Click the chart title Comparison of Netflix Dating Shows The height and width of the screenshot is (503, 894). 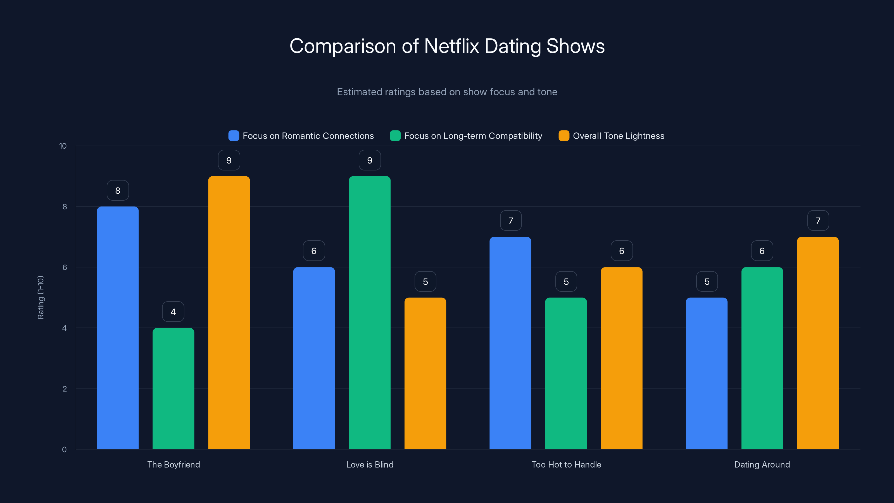(447, 46)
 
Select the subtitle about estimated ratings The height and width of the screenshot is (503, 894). (447, 92)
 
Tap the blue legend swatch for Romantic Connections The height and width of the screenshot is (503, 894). (234, 136)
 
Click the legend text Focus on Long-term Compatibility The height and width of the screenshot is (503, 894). (473, 136)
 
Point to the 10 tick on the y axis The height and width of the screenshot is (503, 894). (63, 146)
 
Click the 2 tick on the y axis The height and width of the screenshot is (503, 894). (65, 389)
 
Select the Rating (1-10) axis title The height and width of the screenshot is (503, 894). (41, 298)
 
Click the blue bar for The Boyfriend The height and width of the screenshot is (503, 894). (118, 328)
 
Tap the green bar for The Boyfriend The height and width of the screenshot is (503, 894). (173, 388)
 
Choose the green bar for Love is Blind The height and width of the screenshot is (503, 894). (370, 312)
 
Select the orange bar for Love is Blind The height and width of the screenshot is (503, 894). (425, 373)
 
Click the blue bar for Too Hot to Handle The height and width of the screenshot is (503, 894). (510, 343)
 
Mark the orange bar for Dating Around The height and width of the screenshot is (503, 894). (818, 343)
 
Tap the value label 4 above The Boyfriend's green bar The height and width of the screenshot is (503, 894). (173, 312)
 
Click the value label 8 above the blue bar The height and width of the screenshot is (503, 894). (118, 190)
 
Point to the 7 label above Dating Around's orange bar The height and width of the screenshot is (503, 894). (818, 220)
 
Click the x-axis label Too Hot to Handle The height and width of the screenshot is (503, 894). (566, 464)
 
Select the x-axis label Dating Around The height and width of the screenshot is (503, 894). (762, 464)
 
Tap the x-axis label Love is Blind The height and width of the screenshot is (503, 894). (370, 464)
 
